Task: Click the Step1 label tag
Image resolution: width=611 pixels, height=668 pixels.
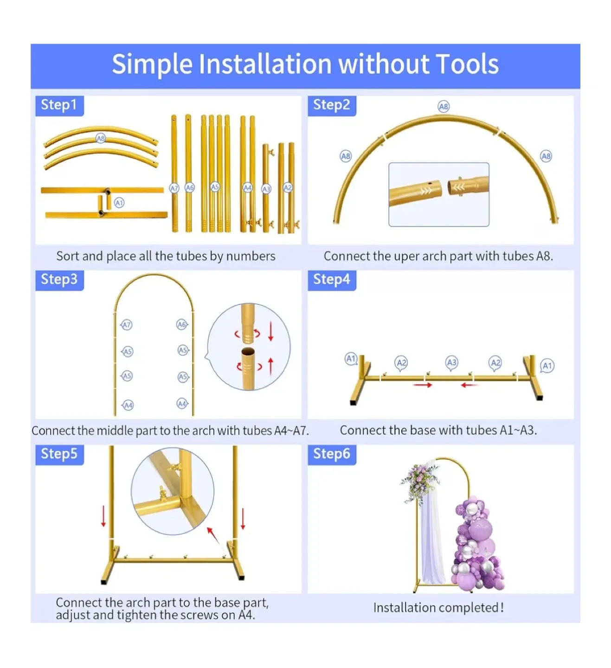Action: pyautogui.click(x=59, y=106)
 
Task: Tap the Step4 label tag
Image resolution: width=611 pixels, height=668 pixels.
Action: pyautogui.click(x=332, y=280)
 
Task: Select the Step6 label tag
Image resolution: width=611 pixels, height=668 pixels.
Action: pyautogui.click(x=332, y=455)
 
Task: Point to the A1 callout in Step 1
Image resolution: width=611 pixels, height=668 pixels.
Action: pyautogui.click(x=119, y=202)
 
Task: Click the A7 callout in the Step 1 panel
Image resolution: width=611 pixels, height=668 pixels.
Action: pyautogui.click(x=174, y=188)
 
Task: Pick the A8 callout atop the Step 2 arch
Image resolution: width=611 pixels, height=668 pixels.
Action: pyautogui.click(x=444, y=107)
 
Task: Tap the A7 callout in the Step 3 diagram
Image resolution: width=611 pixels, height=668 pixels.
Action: pyautogui.click(x=126, y=325)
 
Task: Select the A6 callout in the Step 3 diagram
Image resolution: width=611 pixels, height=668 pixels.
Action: pyautogui.click(x=182, y=324)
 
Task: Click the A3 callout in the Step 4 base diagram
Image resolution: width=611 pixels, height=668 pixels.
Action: pyautogui.click(x=451, y=363)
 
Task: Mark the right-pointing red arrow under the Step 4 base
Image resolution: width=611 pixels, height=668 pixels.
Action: pyautogui.click(x=423, y=385)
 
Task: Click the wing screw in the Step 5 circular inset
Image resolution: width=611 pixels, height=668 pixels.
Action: pyautogui.click(x=162, y=493)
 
